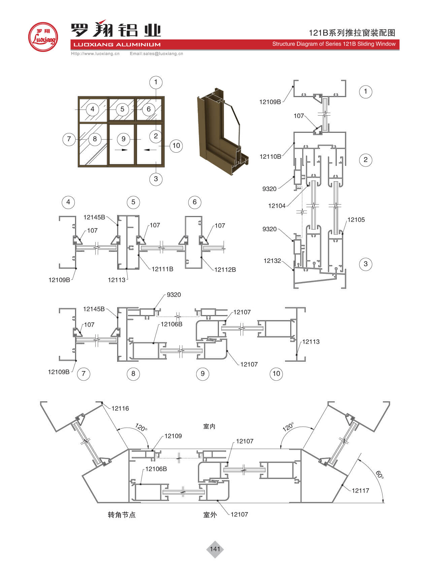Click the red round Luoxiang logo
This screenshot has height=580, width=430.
[x=43, y=37]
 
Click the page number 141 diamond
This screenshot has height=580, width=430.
[x=215, y=549]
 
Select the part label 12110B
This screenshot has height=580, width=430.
[x=270, y=156]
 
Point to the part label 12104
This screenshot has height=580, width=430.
[x=277, y=206]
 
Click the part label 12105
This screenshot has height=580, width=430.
[x=356, y=220]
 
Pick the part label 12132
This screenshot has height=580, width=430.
[x=272, y=261]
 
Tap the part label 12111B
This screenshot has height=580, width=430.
[x=162, y=269]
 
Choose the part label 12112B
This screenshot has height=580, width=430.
[x=225, y=270]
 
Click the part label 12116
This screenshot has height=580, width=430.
[x=120, y=408]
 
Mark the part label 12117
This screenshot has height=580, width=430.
[x=360, y=491]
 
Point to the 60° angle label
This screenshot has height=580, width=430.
[x=379, y=475]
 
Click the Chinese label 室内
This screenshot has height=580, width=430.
[x=209, y=427]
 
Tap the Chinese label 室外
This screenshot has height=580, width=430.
[x=210, y=515]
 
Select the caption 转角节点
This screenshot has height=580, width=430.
[x=122, y=515]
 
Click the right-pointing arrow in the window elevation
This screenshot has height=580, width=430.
[x=122, y=150]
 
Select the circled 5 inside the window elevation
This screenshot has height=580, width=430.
[x=122, y=109]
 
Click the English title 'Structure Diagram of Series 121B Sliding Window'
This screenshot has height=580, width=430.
[x=334, y=44]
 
